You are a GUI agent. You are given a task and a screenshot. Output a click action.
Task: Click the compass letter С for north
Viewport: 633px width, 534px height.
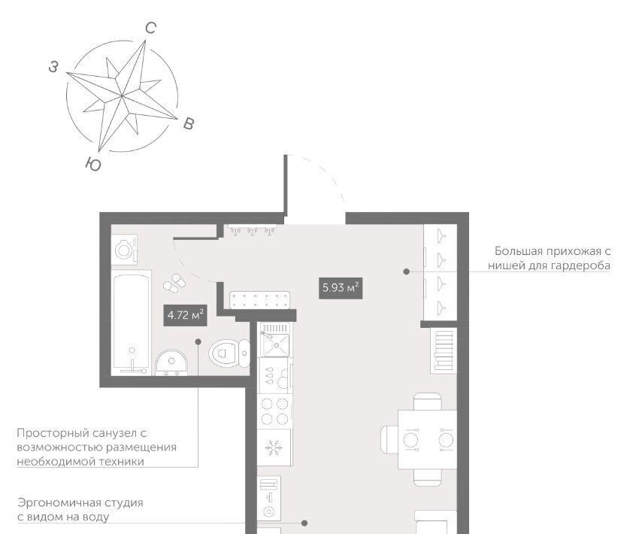[x=150, y=28]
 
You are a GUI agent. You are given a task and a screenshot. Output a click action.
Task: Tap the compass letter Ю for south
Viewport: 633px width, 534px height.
[x=93, y=164]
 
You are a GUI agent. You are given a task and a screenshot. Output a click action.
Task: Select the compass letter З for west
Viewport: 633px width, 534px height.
[x=53, y=67]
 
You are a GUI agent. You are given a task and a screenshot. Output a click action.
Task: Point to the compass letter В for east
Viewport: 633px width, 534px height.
[x=189, y=123]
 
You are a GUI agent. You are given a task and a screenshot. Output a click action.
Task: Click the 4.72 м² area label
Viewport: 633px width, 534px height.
[x=185, y=315]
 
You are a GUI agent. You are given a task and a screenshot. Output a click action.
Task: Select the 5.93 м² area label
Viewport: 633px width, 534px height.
[x=341, y=288]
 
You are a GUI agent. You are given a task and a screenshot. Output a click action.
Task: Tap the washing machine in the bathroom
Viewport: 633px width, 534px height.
[x=124, y=250]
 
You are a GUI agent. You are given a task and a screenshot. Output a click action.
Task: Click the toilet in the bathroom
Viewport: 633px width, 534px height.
[x=229, y=353]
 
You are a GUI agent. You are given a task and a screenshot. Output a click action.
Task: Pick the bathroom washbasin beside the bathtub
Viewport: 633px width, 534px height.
[x=171, y=363]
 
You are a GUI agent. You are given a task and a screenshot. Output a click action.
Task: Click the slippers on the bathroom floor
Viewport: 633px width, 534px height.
[x=174, y=283]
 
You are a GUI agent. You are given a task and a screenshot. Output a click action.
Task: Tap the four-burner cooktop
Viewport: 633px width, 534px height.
[x=274, y=412]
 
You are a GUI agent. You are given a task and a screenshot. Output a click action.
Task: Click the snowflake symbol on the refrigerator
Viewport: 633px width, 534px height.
[x=274, y=448]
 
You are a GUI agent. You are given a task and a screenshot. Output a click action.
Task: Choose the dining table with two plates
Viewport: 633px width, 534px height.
[x=428, y=439]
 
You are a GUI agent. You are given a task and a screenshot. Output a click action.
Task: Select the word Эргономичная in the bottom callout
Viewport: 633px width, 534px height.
[x=59, y=503]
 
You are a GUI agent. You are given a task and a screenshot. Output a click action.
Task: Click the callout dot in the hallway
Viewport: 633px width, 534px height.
[x=407, y=272]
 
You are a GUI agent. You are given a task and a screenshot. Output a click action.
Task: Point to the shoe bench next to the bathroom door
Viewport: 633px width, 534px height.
[x=259, y=300]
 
